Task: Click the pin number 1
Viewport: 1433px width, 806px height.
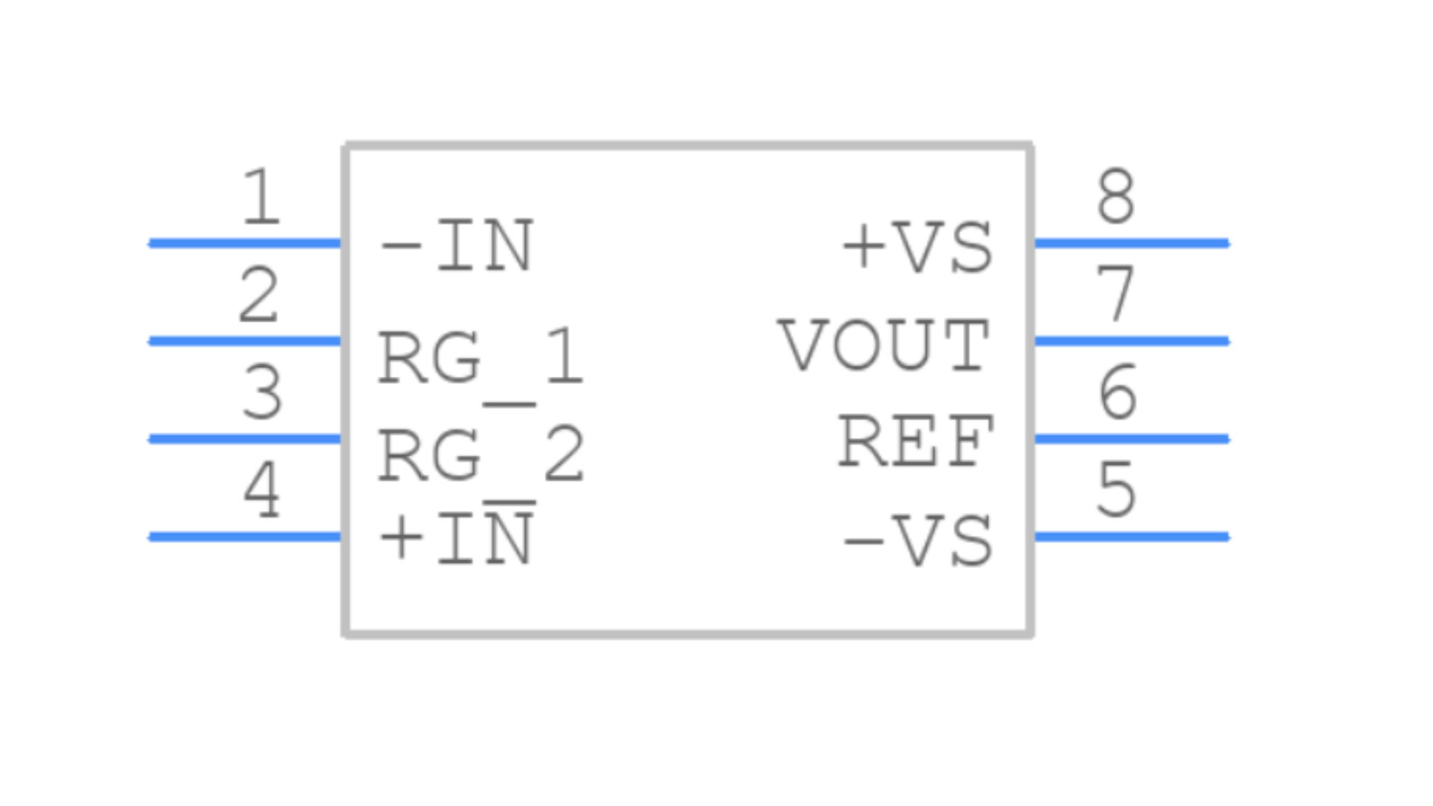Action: [x=260, y=196]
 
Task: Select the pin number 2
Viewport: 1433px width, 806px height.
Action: [x=258, y=295]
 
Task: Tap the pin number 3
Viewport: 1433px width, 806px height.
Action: [x=262, y=392]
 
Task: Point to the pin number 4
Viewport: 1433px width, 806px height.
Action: [x=261, y=490]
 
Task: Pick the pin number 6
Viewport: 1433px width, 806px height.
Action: [x=1117, y=391]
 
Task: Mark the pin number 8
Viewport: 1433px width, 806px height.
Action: [x=1116, y=196]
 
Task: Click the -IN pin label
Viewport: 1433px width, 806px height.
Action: [x=456, y=246]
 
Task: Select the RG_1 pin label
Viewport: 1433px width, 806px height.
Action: [x=481, y=357]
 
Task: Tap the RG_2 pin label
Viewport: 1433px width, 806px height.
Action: [x=481, y=454]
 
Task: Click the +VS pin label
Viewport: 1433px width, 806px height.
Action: [x=918, y=247]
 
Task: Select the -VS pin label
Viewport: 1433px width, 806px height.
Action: [x=918, y=540]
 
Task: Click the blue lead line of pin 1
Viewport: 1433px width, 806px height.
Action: [x=245, y=243]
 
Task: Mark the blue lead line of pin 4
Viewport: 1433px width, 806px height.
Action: [x=245, y=537]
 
